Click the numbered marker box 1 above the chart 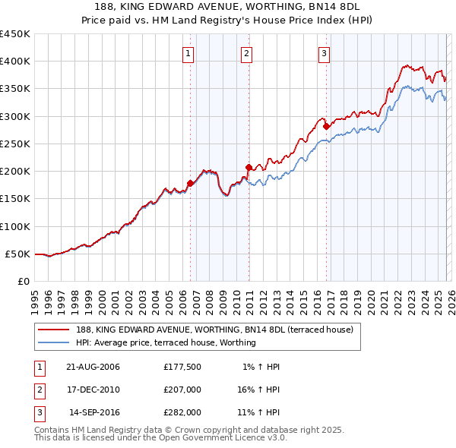188,53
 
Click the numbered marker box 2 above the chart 247,53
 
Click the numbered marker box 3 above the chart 324,53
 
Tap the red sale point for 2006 190,183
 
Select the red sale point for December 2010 249,167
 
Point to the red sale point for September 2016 325,126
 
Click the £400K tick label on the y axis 15,62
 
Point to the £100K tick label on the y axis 15,226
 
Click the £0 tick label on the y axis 23,282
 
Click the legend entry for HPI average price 166,342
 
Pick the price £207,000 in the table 182,390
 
